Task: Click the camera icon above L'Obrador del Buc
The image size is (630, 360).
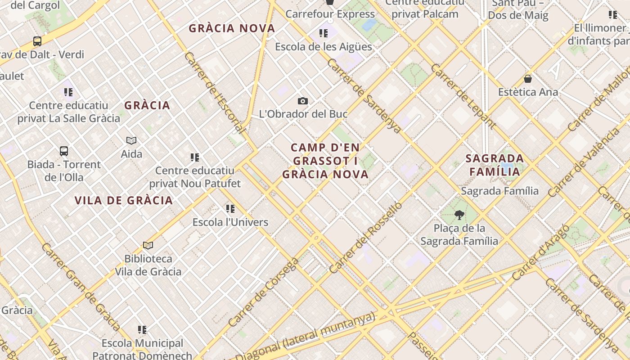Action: click(x=303, y=101)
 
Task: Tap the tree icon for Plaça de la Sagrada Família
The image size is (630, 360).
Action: click(x=459, y=215)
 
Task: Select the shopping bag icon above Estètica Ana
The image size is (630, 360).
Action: click(x=528, y=79)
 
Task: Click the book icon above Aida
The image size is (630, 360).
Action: click(x=131, y=140)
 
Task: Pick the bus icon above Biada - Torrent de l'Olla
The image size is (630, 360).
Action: click(x=64, y=151)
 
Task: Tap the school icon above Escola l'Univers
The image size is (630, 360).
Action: click(x=230, y=208)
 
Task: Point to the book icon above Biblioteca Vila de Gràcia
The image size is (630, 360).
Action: click(x=148, y=245)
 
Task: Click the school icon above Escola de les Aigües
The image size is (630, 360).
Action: click(x=323, y=33)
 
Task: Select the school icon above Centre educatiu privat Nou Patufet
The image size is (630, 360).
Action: click(x=195, y=157)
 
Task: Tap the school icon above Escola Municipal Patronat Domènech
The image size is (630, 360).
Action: click(x=142, y=330)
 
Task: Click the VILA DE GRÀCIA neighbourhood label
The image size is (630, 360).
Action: click(x=124, y=201)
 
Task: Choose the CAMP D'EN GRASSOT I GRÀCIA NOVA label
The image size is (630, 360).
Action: click(x=325, y=161)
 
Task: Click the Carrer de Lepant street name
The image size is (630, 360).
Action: click(x=463, y=96)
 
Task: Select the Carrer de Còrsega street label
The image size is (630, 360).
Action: click(x=263, y=292)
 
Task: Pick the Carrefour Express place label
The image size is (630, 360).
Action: click(x=330, y=14)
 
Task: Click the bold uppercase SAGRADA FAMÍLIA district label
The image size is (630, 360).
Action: click(x=495, y=165)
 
